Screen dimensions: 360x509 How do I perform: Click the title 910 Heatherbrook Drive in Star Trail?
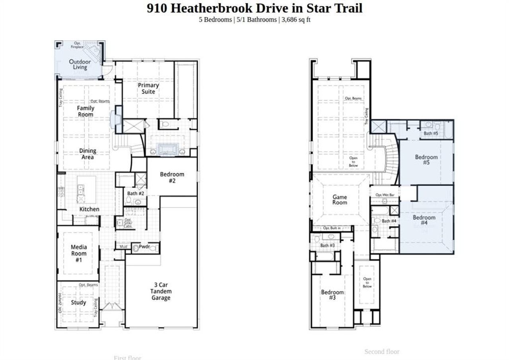click(x=254, y=8)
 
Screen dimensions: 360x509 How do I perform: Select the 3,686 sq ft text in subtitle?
click(x=296, y=20)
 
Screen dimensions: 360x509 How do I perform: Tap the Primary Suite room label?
click(x=148, y=88)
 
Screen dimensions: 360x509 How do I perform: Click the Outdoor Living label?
click(x=80, y=64)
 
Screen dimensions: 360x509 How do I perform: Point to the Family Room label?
click(x=85, y=111)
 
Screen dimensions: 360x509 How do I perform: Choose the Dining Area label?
click(x=87, y=154)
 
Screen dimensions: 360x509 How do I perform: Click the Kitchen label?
click(x=89, y=209)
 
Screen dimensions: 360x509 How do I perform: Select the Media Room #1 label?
click(x=79, y=254)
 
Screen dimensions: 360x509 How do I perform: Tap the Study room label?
click(x=78, y=302)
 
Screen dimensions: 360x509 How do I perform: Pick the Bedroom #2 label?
click(x=172, y=177)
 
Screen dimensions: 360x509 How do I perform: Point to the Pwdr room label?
click(x=144, y=247)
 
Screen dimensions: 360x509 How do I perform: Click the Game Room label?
click(x=340, y=199)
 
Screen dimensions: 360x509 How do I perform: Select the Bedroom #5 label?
click(x=426, y=160)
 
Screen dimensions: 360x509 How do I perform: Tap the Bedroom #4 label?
click(x=424, y=220)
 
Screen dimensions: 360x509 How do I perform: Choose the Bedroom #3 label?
click(x=332, y=294)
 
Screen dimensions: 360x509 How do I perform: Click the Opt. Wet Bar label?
click(x=385, y=195)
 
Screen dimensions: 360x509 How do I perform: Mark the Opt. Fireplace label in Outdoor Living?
click(x=77, y=45)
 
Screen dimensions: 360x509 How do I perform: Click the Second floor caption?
click(x=382, y=352)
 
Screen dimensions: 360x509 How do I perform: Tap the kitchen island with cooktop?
click(x=86, y=190)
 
